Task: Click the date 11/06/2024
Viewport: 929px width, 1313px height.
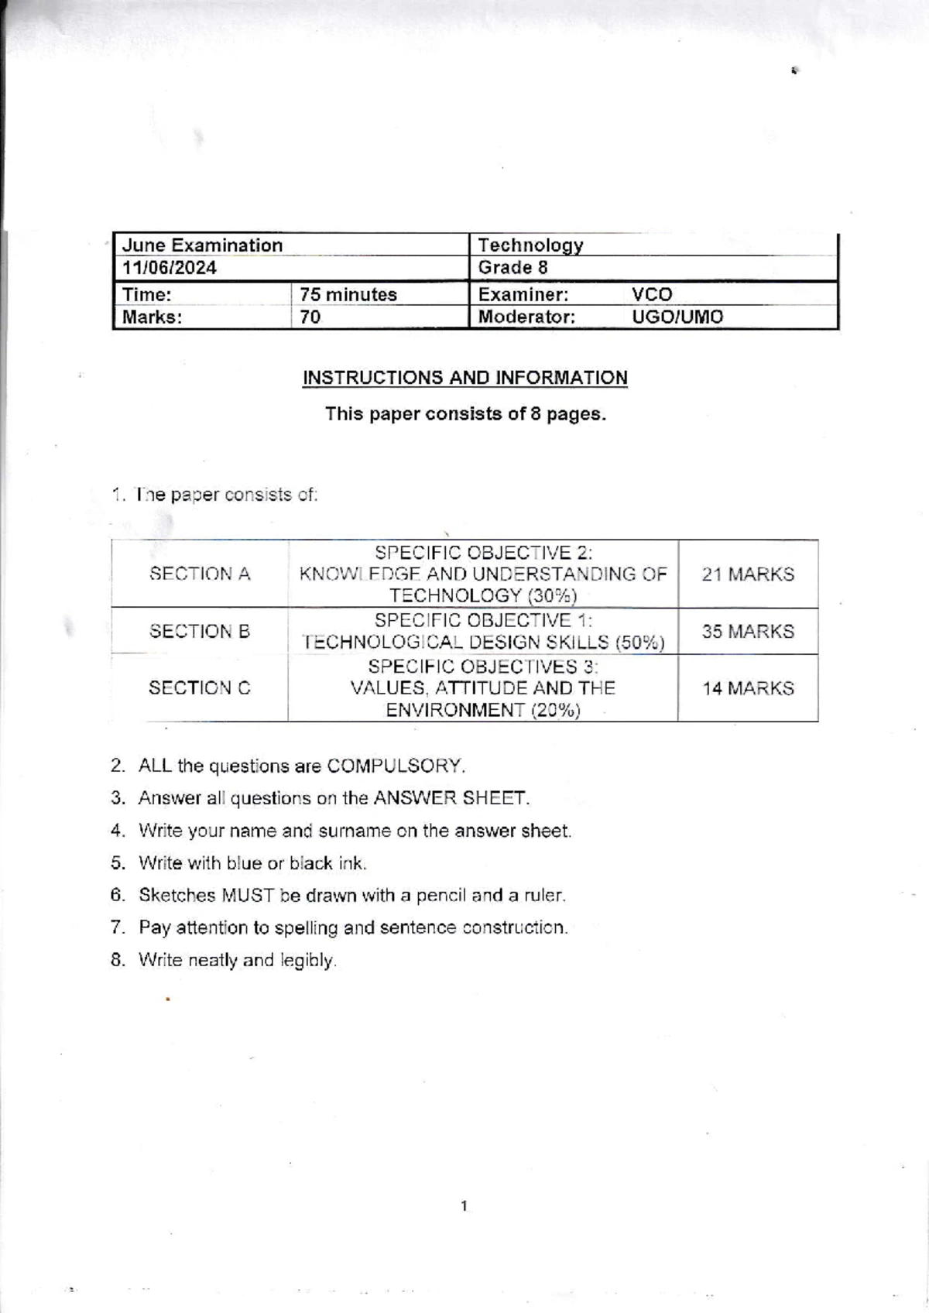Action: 170,268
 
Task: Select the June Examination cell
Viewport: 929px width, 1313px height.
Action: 203,245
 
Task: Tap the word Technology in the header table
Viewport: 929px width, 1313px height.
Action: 530,245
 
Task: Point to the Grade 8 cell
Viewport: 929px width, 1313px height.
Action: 512,268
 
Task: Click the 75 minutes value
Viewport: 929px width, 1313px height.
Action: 348,294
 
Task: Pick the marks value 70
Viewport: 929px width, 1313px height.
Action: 310,317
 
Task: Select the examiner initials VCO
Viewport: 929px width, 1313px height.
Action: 652,294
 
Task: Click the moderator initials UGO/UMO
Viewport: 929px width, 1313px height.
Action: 677,317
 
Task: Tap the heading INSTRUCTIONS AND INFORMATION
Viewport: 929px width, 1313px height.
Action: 464,378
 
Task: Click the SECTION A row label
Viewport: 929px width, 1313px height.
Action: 200,574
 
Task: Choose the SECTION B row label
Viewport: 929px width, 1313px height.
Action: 200,631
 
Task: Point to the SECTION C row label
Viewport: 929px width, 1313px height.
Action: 200,687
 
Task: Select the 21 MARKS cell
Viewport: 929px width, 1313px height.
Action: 748,574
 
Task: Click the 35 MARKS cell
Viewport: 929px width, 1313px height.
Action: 748,631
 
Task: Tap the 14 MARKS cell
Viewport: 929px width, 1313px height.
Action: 748,688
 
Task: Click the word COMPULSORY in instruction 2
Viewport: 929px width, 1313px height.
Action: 395,766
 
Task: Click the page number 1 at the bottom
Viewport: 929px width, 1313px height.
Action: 464,1205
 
